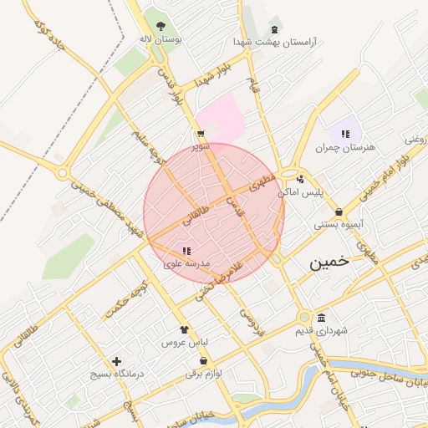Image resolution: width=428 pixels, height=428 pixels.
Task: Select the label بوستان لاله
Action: coord(160,38)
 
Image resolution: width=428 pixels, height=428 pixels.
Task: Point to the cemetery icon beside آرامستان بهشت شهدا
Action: coord(276,28)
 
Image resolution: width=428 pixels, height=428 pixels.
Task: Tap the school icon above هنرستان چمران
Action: coord(345,134)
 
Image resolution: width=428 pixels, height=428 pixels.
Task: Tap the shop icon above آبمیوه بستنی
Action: coord(339,212)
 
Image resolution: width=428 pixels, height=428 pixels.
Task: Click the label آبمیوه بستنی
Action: coord(337,225)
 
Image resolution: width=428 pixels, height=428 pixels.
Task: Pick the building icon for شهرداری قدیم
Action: coord(322,318)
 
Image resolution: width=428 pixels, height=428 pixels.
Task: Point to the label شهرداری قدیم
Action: coord(321,331)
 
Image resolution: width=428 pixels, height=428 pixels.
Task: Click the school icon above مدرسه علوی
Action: coord(186,250)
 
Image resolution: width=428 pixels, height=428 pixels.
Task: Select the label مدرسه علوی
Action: coord(186,264)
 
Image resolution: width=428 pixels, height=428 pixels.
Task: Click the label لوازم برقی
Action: coord(203,374)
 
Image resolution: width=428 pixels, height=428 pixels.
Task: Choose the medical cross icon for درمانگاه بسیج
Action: coord(116,361)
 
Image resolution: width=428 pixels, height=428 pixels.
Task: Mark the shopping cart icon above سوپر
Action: coord(200,134)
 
